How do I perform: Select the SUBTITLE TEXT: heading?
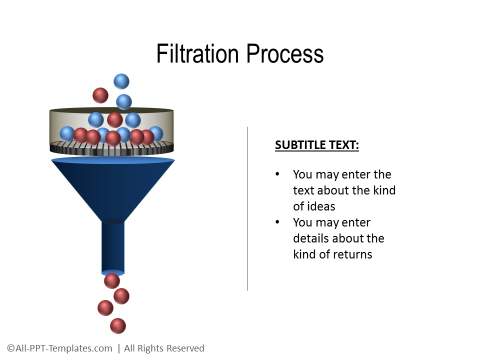316,145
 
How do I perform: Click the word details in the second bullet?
314,238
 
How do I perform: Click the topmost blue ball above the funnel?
121,81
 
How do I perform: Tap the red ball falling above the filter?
100,96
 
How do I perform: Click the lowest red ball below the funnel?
118,325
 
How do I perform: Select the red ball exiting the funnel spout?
112,280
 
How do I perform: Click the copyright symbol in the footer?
10,348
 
